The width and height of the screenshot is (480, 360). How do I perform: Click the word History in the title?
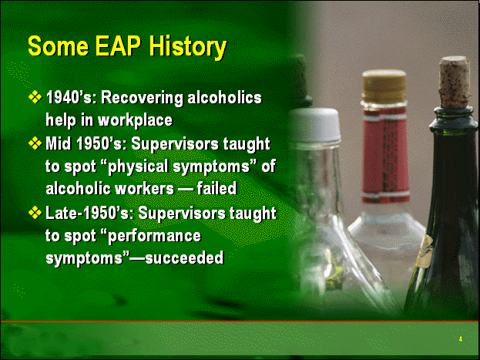point(188,47)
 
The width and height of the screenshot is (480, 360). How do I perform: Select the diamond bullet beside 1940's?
point(35,97)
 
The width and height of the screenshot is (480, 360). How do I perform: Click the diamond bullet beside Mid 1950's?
point(35,143)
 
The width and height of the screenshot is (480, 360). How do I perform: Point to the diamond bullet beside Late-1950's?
point(35,213)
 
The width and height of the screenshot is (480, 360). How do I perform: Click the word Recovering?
point(142,99)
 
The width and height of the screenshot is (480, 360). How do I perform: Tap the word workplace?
point(135,120)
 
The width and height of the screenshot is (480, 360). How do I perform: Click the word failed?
point(217,188)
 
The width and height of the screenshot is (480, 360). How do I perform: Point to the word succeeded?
point(184,258)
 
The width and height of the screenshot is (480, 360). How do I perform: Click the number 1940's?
point(69,98)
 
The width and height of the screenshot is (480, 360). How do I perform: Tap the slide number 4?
point(461,339)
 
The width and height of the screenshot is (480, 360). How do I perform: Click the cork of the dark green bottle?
point(455,82)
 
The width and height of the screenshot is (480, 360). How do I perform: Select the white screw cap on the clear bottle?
point(315,125)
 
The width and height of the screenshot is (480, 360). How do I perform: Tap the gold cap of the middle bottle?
point(384,86)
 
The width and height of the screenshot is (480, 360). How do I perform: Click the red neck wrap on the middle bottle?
point(386,155)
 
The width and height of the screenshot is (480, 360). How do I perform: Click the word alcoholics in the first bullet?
point(225,98)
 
